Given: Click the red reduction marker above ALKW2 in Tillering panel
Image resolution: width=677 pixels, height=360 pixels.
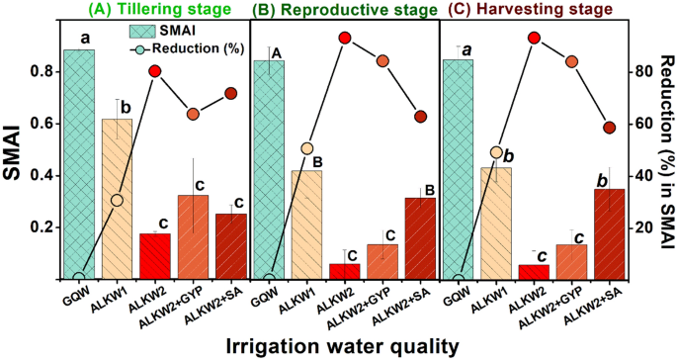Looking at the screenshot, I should coord(155,71).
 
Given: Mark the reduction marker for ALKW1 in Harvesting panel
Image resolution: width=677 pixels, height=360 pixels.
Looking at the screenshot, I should coord(497,152).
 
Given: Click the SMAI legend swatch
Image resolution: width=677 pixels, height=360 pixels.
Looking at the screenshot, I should coord(146,32).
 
